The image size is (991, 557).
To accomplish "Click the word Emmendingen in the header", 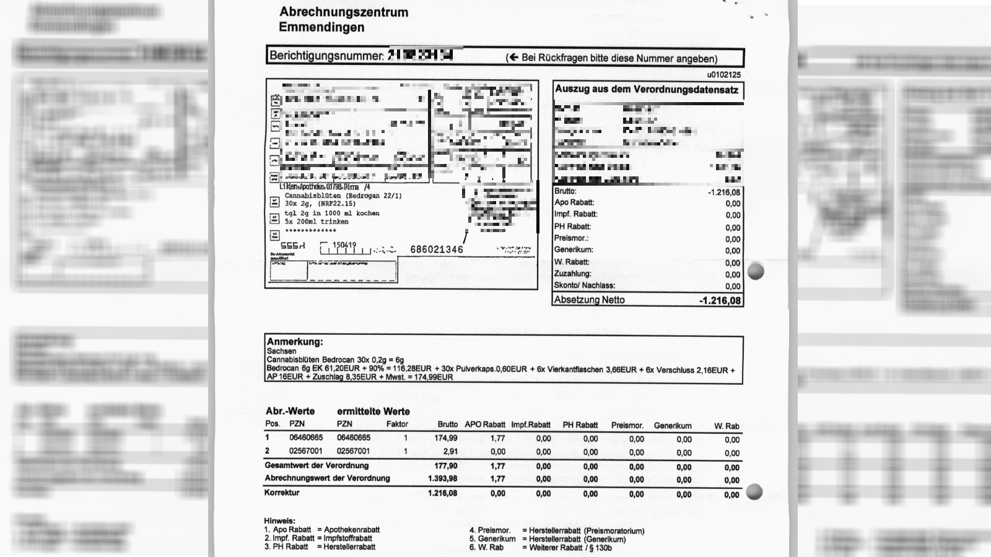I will [321, 27].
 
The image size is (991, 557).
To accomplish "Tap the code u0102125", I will [723, 75].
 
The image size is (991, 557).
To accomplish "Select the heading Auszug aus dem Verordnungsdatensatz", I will [647, 90].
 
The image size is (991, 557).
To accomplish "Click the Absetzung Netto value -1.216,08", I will [720, 301].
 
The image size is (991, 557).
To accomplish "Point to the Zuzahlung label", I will [572, 274].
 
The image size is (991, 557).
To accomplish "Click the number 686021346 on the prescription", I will [437, 249].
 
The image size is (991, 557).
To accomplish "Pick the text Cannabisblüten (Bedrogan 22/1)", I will [343, 196].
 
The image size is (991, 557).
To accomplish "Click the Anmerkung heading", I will [295, 342].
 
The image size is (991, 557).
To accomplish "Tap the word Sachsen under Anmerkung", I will [281, 351].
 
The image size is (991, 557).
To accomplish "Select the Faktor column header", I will [397, 425].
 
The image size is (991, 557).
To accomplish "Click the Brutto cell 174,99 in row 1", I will [446, 438].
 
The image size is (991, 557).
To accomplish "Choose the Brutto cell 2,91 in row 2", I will [450, 451].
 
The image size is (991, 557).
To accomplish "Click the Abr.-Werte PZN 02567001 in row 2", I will [306, 451].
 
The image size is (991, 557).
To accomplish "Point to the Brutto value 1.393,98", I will [442, 479].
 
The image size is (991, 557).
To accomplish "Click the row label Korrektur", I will [282, 493].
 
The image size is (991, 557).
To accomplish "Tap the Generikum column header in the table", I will [673, 426].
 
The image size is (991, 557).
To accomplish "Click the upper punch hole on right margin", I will [756, 271].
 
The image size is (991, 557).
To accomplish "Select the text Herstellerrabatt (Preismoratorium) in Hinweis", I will [583, 531].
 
